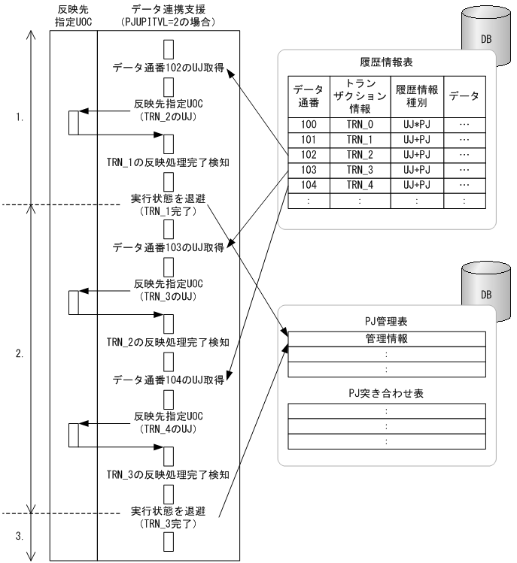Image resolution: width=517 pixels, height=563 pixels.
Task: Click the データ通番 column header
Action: click(x=308, y=95)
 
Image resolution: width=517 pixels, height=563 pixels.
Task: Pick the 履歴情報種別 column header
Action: click(x=418, y=95)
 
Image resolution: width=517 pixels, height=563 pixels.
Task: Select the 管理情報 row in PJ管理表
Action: click(x=385, y=340)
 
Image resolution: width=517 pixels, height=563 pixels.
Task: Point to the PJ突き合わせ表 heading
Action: click(x=385, y=393)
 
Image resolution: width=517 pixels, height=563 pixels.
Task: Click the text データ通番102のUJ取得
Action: click(x=169, y=67)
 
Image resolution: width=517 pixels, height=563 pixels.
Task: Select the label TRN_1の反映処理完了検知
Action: click(x=169, y=161)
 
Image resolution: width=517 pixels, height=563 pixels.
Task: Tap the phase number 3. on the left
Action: click(x=19, y=537)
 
